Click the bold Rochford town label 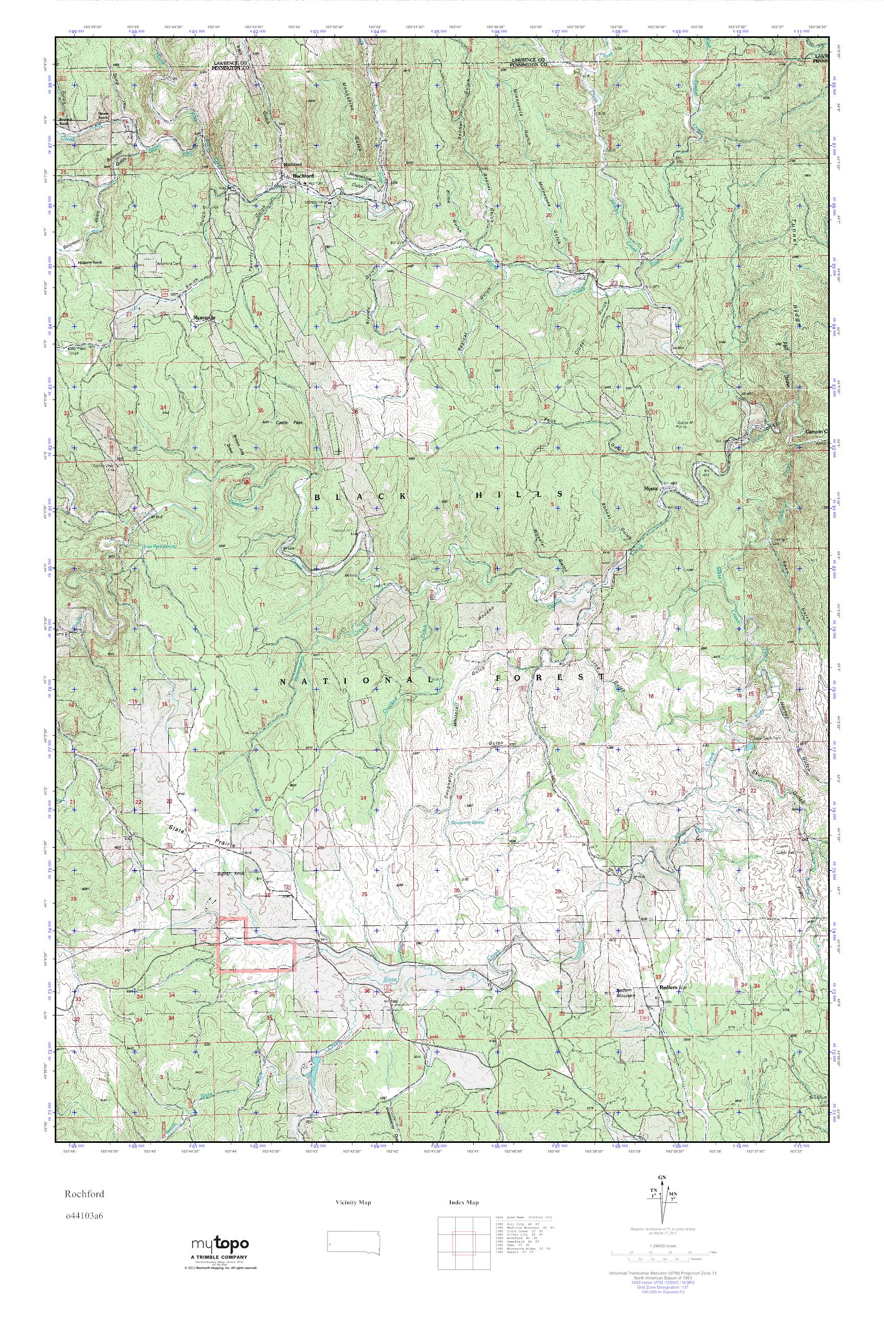tap(303, 175)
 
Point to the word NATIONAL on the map tap(358, 681)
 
